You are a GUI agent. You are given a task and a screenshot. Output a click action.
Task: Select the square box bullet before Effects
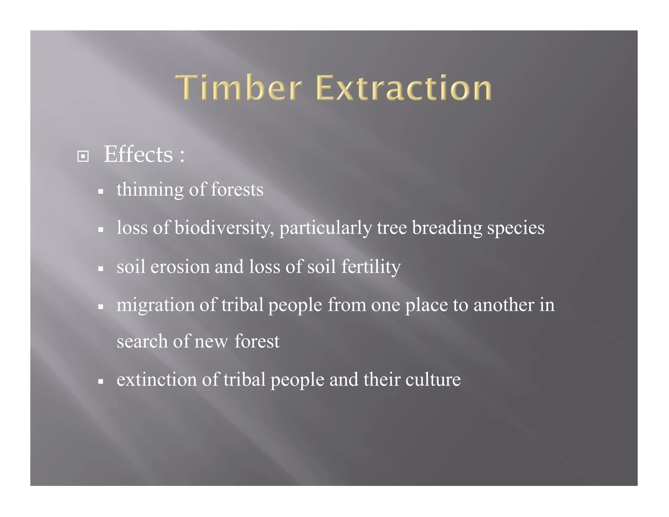[x=83, y=156]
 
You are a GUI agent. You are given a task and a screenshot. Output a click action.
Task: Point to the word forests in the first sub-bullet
[x=237, y=190]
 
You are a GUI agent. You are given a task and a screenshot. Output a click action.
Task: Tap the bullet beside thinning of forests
[x=101, y=192]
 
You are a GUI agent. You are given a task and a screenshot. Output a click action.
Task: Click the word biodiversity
[x=224, y=228]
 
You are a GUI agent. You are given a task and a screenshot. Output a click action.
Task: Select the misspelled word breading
[x=447, y=228]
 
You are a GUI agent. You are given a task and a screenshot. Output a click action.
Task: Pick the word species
[x=516, y=228]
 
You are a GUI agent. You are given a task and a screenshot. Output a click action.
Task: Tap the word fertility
[x=371, y=267]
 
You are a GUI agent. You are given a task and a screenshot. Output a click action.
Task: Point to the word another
[x=504, y=305]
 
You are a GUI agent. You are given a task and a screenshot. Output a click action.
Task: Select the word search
[x=142, y=342]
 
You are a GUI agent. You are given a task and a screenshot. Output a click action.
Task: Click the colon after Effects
[x=182, y=155]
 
